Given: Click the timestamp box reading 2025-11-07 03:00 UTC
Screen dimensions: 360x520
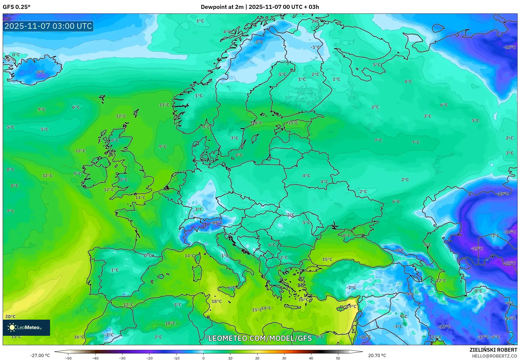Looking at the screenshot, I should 48,26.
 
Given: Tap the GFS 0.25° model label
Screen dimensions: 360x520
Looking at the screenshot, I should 17,7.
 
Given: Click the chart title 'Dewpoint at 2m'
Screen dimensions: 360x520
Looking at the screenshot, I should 222,7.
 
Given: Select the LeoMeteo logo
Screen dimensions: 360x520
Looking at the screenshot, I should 26,327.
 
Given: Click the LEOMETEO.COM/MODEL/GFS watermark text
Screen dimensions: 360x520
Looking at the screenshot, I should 260,338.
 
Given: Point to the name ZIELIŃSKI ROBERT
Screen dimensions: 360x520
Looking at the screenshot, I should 493,350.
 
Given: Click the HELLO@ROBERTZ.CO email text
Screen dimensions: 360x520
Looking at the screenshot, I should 494,356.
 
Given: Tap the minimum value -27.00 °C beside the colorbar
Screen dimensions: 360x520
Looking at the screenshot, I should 40,355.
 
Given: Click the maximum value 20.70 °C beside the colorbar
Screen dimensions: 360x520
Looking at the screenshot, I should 377,355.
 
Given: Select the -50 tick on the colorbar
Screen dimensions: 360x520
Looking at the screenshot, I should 68,358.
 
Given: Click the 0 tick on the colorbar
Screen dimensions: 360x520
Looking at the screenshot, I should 203,358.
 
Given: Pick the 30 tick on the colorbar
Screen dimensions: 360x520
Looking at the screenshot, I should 284,358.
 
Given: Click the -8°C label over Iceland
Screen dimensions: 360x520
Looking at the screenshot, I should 40,72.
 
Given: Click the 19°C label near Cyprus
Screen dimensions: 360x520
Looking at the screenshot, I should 351,306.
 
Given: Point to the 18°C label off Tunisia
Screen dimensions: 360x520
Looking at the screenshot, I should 217,301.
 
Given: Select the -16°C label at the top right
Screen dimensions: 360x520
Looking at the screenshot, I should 510,47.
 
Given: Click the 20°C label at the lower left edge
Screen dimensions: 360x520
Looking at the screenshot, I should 10,317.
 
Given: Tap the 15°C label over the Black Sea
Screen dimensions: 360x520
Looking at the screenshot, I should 327,259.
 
